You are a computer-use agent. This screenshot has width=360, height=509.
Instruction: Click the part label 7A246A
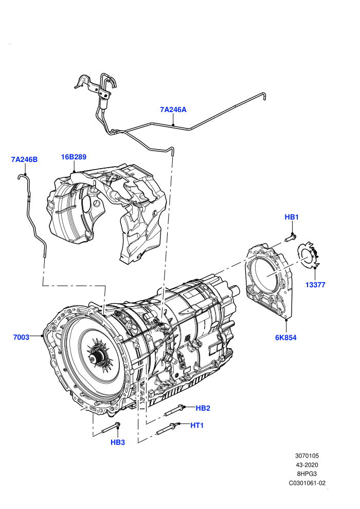pyautogui.click(x=173, y=110)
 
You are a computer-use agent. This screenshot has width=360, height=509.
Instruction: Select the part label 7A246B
pyautogui.click(x=24, y=159)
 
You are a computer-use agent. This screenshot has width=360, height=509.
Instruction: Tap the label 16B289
pyautogui.click(x=74, y=157)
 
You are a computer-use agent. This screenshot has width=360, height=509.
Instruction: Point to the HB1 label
pyautogui.click(x=292, y=217)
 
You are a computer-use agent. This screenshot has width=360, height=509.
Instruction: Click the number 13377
pyautogui.click(x=315, y=285)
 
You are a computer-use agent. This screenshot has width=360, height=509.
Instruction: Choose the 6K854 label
pyautogui.click(x=285, y=338)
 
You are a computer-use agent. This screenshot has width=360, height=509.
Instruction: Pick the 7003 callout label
pyautogui.click(x=21, y=337)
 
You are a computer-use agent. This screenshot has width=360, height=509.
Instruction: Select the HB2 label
pyautogui.click(x=203, y=408)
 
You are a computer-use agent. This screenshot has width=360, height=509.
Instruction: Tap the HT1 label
pyautogui.click(x=197, y=425)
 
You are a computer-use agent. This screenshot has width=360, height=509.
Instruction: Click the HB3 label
pyautogui.click(x=117, y=443)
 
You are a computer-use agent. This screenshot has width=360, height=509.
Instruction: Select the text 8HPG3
pyautogui.click(x=307, y=474)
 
